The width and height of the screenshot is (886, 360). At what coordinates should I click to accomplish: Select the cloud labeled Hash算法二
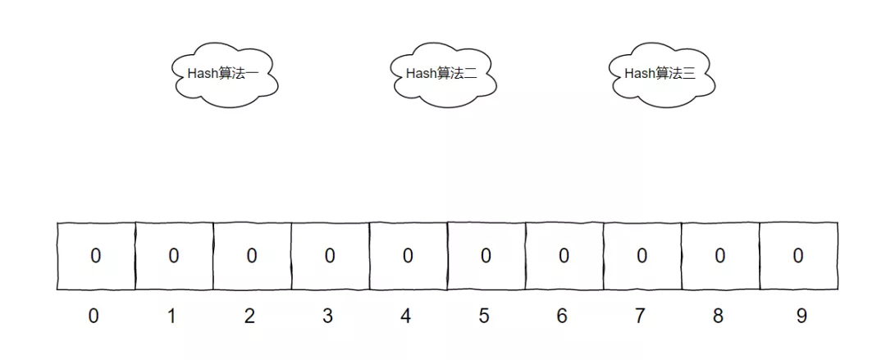(x=444, y=76)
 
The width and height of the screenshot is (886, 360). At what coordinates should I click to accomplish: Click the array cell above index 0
(x=96, y=256)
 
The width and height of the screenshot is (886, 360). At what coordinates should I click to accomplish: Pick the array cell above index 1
(x=174, y=256)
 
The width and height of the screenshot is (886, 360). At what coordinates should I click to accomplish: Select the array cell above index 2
(x=252, y=256)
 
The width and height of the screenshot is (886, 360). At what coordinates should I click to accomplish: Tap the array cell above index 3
(x=330, y=256)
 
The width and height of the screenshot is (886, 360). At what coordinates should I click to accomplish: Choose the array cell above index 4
(x=408, y=256)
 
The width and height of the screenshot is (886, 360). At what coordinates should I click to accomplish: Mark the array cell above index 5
(x=486, y=256)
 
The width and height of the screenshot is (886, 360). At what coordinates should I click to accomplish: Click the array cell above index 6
(x=564, y=256)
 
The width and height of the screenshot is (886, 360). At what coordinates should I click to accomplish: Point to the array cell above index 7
(x=642, y=256)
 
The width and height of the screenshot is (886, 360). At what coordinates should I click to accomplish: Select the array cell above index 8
(x=719, y=256)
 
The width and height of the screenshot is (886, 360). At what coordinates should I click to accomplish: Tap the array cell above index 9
(x=797, y=256)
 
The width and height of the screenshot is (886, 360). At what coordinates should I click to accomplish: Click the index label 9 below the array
(x=801, y=316)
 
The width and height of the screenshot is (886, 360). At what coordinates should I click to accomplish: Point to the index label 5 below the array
(x=483, y=316)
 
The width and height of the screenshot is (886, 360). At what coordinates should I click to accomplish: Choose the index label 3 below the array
(x=327, y=316)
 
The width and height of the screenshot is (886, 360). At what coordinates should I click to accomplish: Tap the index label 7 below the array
(x=640, y=316)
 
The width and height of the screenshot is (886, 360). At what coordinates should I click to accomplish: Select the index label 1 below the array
(x=171, y=316)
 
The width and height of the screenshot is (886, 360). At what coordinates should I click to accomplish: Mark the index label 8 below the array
(x=718, y=316)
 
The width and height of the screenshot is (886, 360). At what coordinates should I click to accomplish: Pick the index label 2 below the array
(x=249, y=316)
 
